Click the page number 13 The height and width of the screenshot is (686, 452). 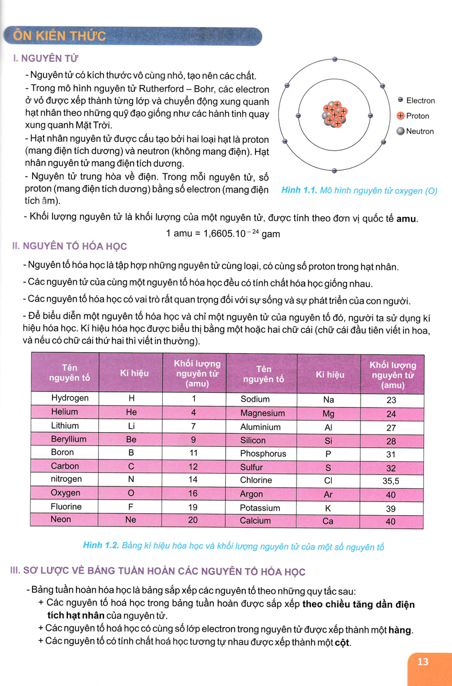[423, 662]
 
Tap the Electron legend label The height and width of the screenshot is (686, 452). [420, 101]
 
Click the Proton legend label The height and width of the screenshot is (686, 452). [417, 116]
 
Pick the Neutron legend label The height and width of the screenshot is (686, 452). [419, 131]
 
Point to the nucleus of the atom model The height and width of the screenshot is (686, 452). [334, 114]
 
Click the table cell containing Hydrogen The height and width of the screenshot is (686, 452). [70, 398]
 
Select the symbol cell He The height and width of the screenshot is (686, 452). [131, 412]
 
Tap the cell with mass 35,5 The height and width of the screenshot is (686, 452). [391, 481]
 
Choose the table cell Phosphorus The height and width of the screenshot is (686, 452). [263, 454]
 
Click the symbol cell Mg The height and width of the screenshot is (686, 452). [328, 413]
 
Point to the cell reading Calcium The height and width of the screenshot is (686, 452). [255, 521]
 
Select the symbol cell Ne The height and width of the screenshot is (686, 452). [131, 520]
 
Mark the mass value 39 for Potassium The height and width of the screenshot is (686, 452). [391, 509]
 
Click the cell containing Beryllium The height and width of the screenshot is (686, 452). [69, 439]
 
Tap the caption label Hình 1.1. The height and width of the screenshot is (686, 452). [299, 191]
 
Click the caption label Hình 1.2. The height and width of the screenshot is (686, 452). [101, 546]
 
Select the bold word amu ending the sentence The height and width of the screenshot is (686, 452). [407, 218]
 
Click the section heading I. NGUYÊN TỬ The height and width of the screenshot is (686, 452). [45, 58]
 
